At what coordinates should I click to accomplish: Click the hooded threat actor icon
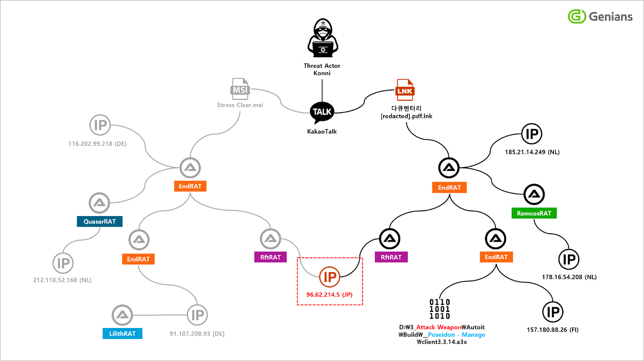point(322,38)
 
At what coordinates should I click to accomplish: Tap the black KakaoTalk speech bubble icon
point(322,112)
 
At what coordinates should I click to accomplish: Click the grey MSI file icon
point(240,89)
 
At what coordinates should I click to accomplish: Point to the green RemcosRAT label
point(534,213)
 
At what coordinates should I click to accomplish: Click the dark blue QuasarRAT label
point(99,221)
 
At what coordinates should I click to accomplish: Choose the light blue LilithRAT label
point(122,334)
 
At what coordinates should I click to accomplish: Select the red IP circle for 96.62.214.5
point(330,277)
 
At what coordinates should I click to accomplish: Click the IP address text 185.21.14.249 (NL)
point(532,152)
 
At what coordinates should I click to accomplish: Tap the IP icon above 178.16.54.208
point(569,260)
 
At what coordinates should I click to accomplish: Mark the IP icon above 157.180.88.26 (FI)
point(553,312)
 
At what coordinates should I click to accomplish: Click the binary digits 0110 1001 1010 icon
point(440,309)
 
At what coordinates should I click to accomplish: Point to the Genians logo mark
point(577,17)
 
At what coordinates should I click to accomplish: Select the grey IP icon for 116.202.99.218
point(100,125)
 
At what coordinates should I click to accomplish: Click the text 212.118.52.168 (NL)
point(62,280)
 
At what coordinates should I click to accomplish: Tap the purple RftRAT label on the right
point(391,257)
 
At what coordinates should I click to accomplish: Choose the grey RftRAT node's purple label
point(270,257)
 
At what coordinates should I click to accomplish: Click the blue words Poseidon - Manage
point(456,335)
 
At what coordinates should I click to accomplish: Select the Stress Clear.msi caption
point(240,105)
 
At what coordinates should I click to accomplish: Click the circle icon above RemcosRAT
point(534,194)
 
